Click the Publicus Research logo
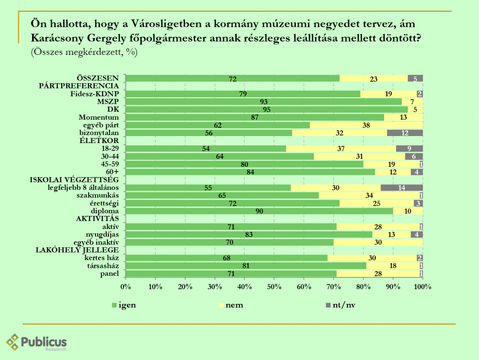pos(36,342)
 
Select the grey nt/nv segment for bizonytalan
pos(405,133)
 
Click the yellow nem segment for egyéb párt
pos(366,125)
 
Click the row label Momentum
pos(99,117)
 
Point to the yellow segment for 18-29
pos(341,149)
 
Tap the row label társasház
pos(103,266)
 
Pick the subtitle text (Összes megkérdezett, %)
pos(84,52)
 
